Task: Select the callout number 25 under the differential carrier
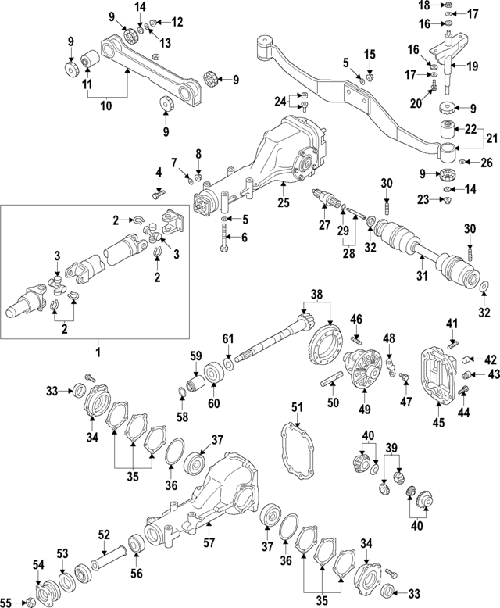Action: tap(283, 203)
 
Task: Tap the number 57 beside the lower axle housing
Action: tap(209, 542)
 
